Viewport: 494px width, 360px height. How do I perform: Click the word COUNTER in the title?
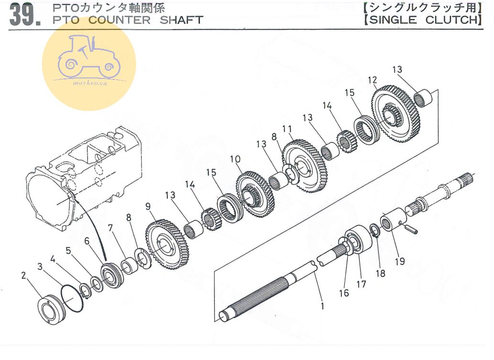click(x=120, y=20)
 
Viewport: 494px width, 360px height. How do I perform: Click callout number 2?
click(x=23, y=275)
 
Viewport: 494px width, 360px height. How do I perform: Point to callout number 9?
click(x=148, y=207)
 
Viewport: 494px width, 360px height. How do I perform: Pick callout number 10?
click(x=235, y=159)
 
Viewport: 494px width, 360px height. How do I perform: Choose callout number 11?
click(x=287, y=129)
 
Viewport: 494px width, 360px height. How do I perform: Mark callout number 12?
click(x=373, y=80)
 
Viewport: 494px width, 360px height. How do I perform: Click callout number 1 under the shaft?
click(x=322, y=306)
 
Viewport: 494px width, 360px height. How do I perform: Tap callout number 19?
click(x=400, y=261)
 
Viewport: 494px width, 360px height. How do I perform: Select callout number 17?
click(x=361, y=284)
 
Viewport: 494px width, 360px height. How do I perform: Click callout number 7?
click(x=110, y=228)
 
